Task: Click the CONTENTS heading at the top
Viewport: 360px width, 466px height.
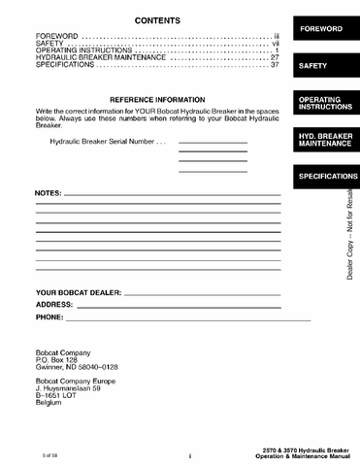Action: pyautogui.click(x=156, y=20)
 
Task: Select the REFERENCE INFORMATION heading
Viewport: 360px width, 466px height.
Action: pyautogui.click(x=157, y=100)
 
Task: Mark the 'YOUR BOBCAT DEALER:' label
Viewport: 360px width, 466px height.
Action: pyautogui.click(x=79, y=292)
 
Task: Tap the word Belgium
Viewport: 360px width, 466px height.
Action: pyautogui.click(x=49, y=403)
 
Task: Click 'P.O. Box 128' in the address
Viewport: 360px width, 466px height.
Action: pyautogui.click(x=56, y=360)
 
